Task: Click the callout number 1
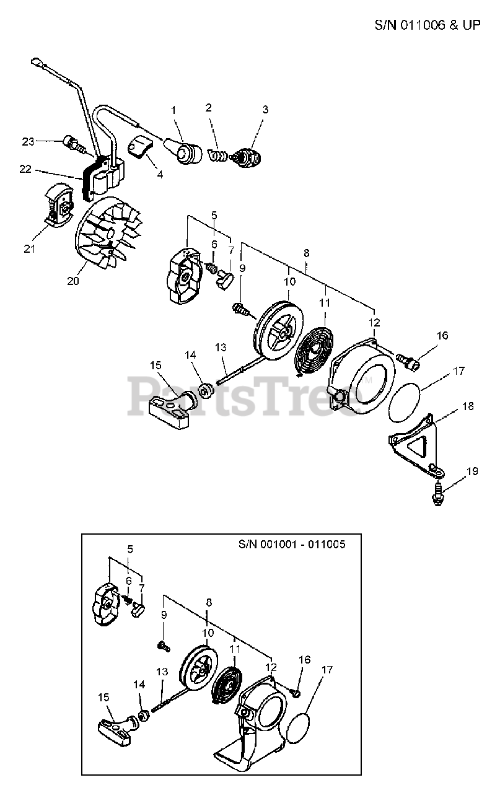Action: tap(174, 110)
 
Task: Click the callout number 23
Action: tap(28, 141)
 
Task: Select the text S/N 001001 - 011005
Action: tap(292, 545)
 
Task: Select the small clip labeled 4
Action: tap(140, 149)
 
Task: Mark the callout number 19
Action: tap(472, 471)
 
